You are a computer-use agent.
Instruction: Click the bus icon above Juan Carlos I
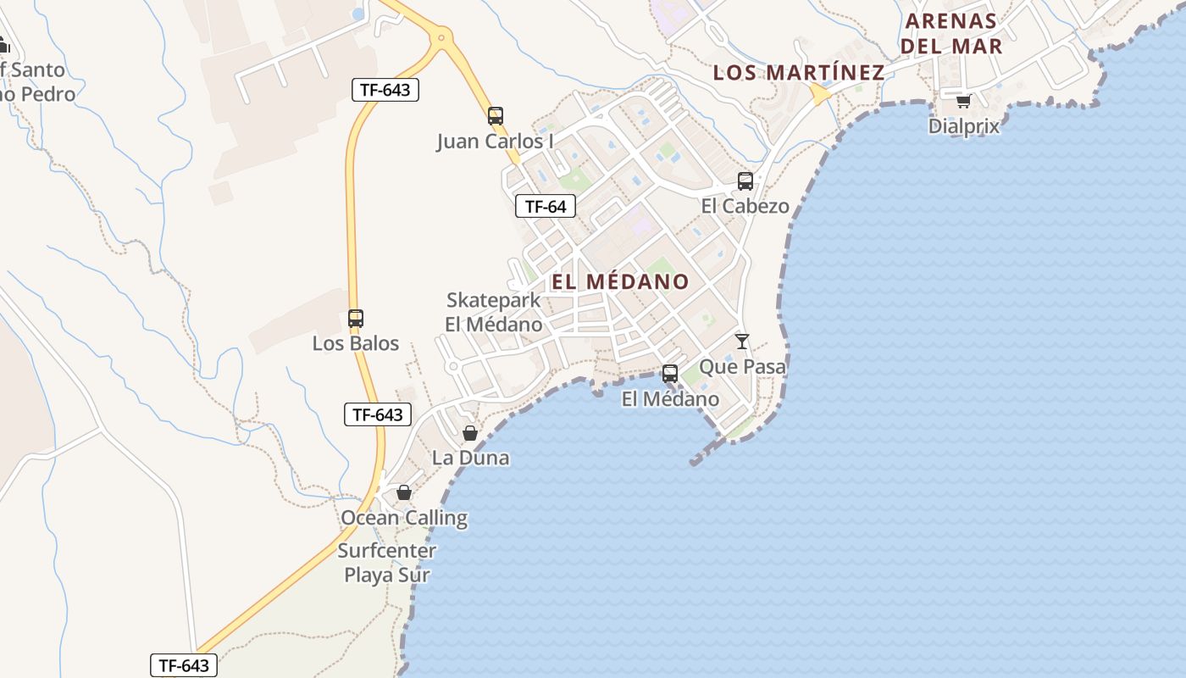pyautogui.click(x=496, y=116)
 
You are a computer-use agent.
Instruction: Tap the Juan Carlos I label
pyautogui.click(x=495, y=141)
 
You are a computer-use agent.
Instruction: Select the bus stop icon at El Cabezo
pyautogui.click(x=745, y=181)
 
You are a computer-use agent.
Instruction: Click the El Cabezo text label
pyautogui.click(x=745, y=206)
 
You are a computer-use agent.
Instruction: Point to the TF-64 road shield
pyautogui.click(x=546, y=206)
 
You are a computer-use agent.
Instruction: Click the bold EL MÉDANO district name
pyautogui.click(x=621, y=281)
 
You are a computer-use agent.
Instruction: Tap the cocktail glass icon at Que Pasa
pyautogui.click(x=742, y=342)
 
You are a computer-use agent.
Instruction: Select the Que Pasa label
pyautogui.click(x=742, y=366)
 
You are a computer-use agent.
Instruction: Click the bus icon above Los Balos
pyautogui.click(x=356, y=319)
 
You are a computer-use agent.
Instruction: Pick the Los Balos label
pyautogui.click(x=356, y=343)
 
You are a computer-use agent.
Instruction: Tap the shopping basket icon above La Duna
pyautogui.click(x=470, y=433)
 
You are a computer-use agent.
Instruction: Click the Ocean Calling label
pyautogui.click(x=404, y=517)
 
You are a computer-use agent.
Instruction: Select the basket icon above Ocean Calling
pyautogui.click(x=404, y=492)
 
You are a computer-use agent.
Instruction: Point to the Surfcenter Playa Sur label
pyautogui.click(x=387, y=563)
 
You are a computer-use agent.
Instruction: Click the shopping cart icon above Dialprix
pyautogui.click(x=963, y=101)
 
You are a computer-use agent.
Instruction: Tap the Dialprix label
pyautogui.click(x=963, y=126)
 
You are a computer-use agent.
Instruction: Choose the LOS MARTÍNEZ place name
pyautogui.click(x=799, y=72)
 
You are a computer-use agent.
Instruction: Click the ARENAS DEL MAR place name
pyautogui.click(x=951, y=33)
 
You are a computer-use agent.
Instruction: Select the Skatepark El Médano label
pyautogui.click(x=494, y=312)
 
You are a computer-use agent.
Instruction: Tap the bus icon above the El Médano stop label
pyautogui.click(x=669, y=374)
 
